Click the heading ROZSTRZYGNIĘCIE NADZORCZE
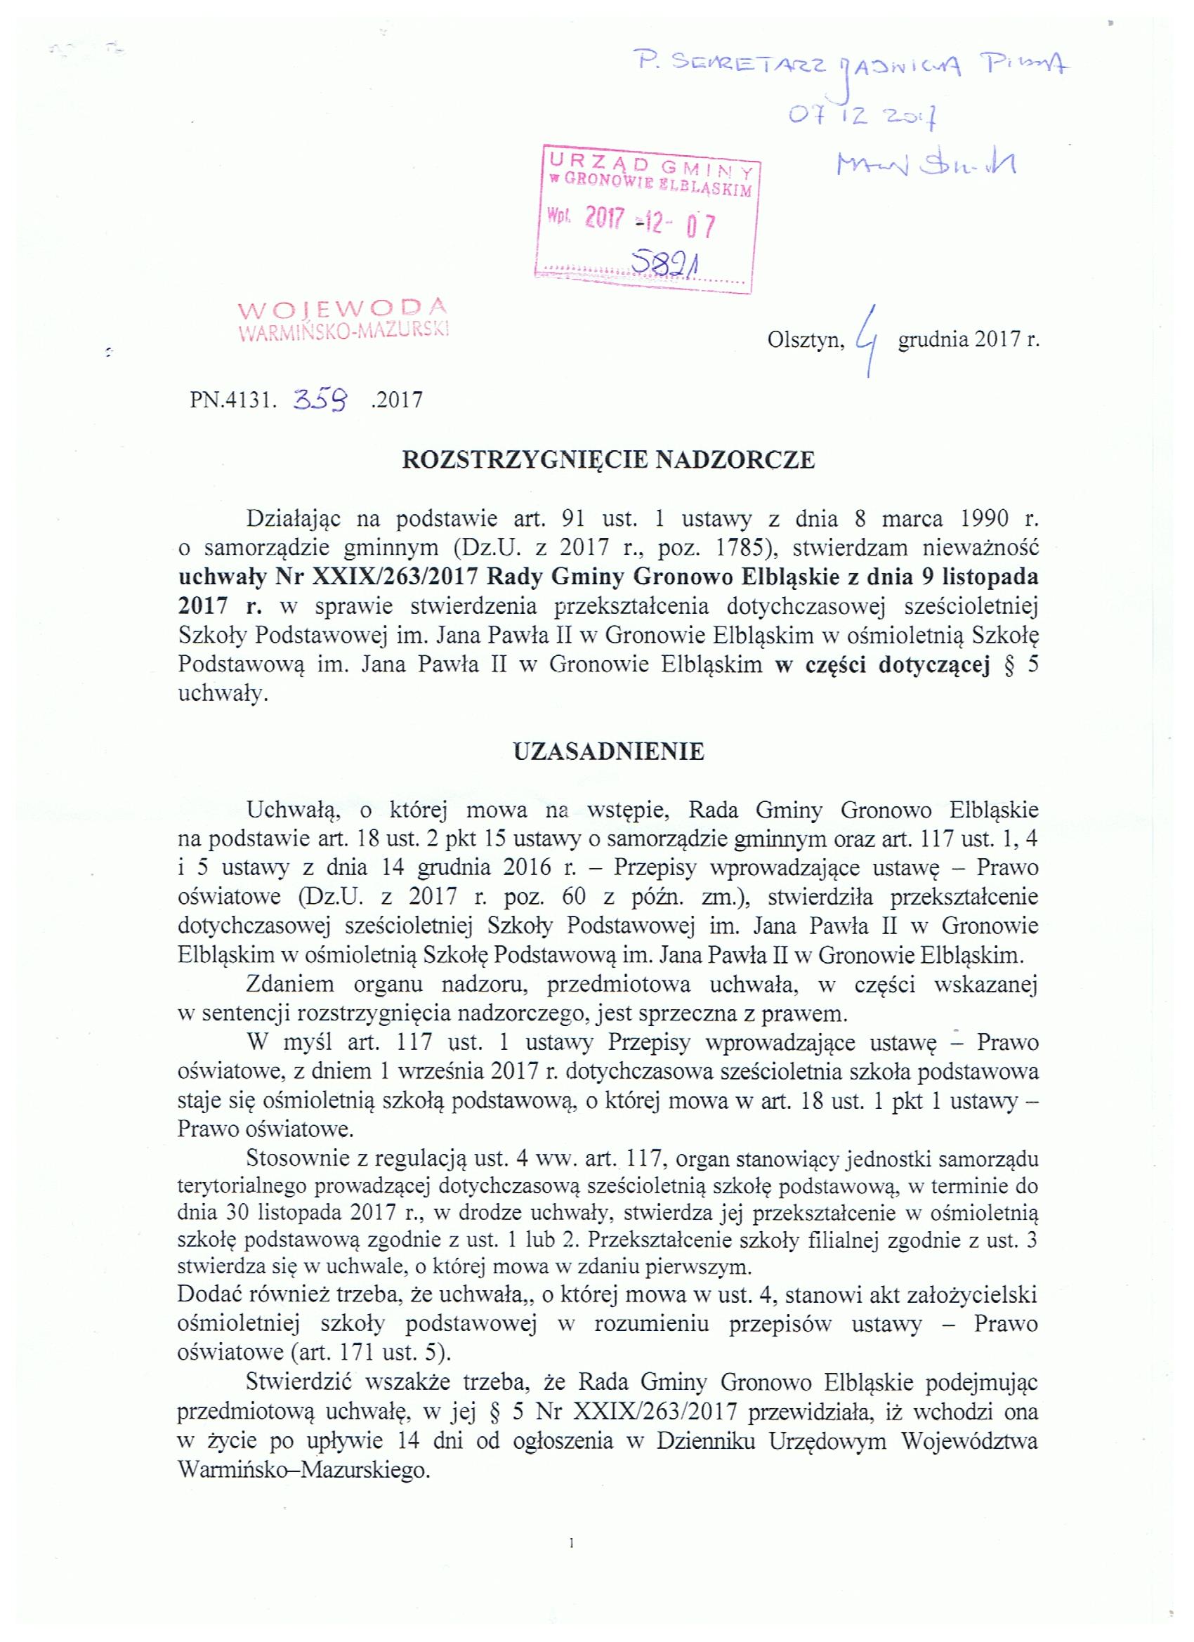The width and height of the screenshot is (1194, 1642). (x=608, y=461)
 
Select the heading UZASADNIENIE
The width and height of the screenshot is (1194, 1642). (x=608, y=752)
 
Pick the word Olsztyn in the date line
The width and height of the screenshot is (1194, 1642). (x=806, y=341)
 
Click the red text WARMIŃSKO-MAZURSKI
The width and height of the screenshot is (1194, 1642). (x=344, y=331)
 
